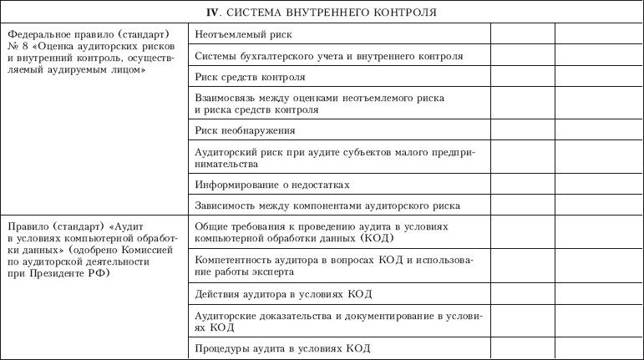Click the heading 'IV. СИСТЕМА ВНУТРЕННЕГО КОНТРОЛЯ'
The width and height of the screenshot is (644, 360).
(321, 13)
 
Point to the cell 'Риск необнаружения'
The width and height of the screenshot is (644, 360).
(245, 130)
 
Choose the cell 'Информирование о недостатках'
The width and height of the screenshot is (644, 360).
(271, 184)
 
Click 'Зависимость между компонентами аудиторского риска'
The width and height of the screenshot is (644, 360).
(327, 205)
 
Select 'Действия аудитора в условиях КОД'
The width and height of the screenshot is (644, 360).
(282, 294)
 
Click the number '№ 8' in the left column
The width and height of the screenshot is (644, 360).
(14, 48)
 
